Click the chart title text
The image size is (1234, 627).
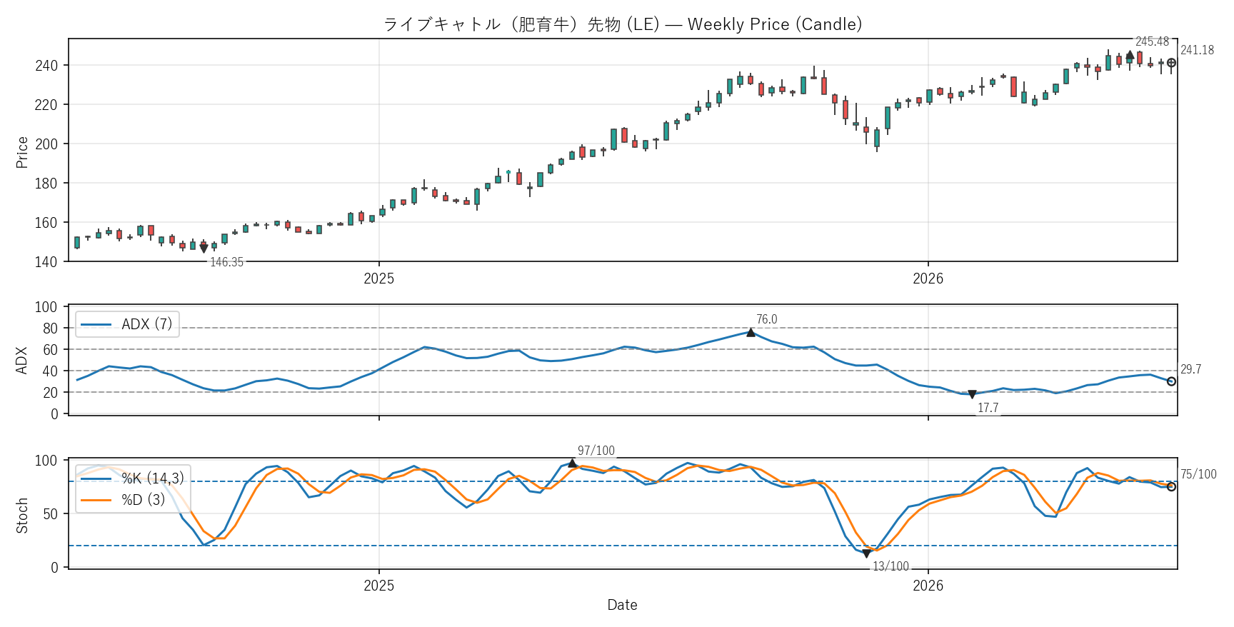tap(623, 24)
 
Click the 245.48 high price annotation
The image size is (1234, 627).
tap(1152, 41)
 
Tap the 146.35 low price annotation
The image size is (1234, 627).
tap(226, 262)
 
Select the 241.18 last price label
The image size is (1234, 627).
tap(1197, 50)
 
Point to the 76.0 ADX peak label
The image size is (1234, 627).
tap(766, 319)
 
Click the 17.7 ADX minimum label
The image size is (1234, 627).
tap(988, 408)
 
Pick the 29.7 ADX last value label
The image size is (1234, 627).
tap(1190, 369)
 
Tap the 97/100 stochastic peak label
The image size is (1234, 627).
tap(596, 451)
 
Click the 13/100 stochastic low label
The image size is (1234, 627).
tap(891, 566)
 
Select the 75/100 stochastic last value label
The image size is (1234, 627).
tap(1198, 474)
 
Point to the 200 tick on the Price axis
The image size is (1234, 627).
tap(46, 144)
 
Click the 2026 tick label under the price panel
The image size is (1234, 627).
tap(928, 279)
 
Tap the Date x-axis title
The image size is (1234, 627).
tap(622, 605)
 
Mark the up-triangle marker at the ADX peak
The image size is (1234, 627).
tap(751, 332)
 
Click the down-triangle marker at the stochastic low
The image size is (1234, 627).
tap(866, 553)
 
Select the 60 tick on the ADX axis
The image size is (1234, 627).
tap(50, 350)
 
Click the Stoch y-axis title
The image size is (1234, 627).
tap(22, 516)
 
